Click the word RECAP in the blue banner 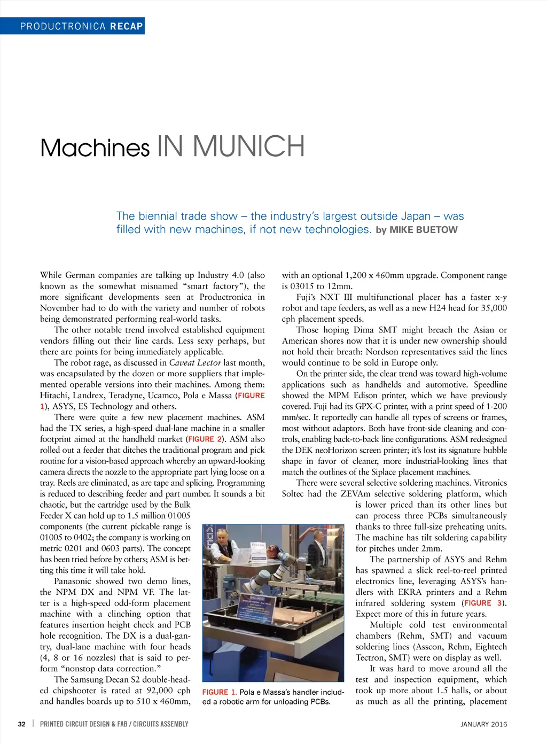coord(127,26)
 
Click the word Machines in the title coord(95,148)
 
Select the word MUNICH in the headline coord(248,147)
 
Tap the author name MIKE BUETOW coord(423,230)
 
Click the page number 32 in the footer coord(22,724)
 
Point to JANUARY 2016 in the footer coord(483,724)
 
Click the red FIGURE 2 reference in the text coord(205,439)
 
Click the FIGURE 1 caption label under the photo coord(219,692)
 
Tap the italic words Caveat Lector coord(195,363)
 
